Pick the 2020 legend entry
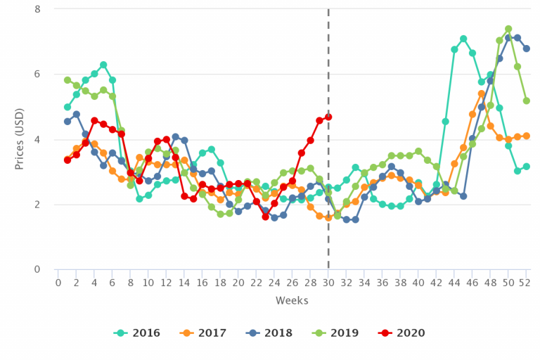point(414,333)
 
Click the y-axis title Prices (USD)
point(22,139)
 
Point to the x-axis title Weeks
point(291,300)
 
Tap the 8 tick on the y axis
point(37,9)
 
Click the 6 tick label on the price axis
point(37,75)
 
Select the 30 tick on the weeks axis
point(328,282)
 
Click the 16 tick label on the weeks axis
point(202,282)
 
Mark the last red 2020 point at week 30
point(328,117)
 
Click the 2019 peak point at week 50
point(508,30)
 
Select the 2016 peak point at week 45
point(463,39)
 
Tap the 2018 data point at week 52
point(527,49)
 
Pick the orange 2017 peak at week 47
point(482,94)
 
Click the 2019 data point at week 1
point(67,80)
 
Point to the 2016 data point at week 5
point(103,65)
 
